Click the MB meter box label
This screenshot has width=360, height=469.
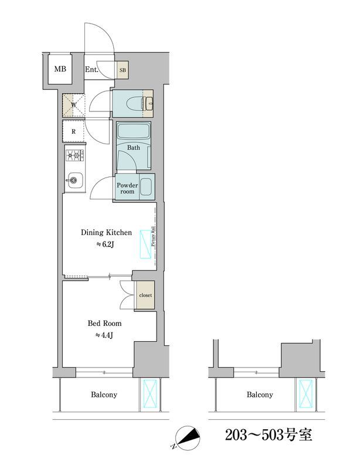coord(60,69)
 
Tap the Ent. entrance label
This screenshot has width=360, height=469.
coord(91,70)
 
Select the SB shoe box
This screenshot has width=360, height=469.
coord(123,70)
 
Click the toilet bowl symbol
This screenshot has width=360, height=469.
coord(135,104)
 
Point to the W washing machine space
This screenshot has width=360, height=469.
coord(74,106)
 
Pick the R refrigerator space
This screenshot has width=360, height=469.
coord(74,131)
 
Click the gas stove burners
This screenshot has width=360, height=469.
coord(74,155)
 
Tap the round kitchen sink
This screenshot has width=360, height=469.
coord(74,180)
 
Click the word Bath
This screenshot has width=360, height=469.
coord(134,148)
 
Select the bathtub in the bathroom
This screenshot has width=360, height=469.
coord(134,131)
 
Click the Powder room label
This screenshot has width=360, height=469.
coord(127,188)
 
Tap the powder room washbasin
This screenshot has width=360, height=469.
coord(146,187)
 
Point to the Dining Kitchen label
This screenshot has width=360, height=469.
coord(106,232)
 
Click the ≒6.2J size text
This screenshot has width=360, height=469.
coord(106,244)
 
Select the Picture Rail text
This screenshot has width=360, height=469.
coord(152,236)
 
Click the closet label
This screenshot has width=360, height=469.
coord(145,295)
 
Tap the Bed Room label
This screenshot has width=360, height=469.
coord(104,324)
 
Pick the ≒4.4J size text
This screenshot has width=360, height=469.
coord(104,335)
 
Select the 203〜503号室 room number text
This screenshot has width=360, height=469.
coord(269,435)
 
